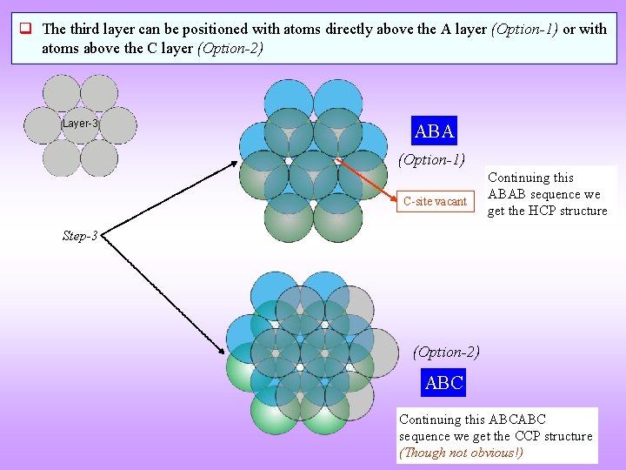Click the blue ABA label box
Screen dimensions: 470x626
point(435,131)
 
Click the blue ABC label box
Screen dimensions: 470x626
point(443,382)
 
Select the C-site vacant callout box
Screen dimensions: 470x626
point(435,201)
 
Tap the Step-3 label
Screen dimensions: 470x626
point(80,236)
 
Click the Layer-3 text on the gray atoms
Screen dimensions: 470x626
point(80,124)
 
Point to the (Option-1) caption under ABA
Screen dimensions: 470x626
point(431,159)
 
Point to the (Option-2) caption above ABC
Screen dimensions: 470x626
point(445,352)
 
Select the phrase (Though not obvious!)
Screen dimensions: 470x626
point(461,453)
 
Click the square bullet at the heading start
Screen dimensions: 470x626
point(26,30)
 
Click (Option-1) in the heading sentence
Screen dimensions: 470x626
point(525,29)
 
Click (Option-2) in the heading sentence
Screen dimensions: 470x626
point(230,48)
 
